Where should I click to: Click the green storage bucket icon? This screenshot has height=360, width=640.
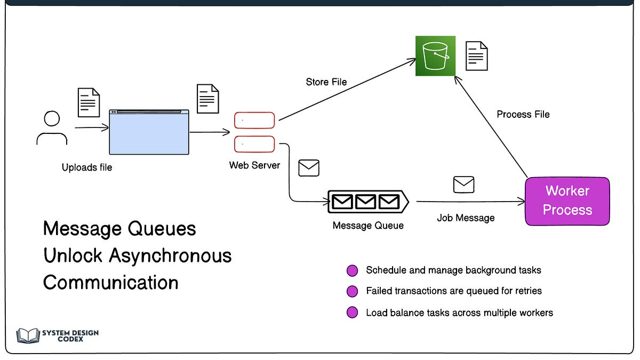[435, 56]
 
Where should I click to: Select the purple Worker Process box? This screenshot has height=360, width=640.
[567, 201]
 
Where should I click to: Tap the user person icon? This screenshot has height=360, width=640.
[51, 129]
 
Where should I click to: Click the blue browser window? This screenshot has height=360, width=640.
[149, 132]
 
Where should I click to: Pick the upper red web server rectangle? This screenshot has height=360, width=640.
[254, 121]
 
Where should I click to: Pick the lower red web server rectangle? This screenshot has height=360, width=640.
[254, 144]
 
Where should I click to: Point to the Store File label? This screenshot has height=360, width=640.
[326, 82]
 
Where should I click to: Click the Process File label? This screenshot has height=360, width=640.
[523, 114]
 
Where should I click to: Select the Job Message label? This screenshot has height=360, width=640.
[466, 218]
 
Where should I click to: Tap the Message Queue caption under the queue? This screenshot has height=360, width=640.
[368, 226]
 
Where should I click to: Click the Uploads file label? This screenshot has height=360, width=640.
[87, 167]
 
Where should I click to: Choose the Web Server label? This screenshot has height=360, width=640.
[254, 165]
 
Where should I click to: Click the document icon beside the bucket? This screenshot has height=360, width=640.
[476, 56]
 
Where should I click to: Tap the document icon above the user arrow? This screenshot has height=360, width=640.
[89, 102]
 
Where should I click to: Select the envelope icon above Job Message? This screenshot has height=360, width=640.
[463, 185]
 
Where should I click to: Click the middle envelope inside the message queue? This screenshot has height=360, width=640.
[365, 202]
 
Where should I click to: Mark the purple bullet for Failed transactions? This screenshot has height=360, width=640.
[352, 291]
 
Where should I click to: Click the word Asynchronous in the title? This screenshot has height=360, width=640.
[170, 256]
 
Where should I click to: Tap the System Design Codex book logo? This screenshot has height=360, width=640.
[28, 335]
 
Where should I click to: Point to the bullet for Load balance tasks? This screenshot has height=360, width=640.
[352, 313]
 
